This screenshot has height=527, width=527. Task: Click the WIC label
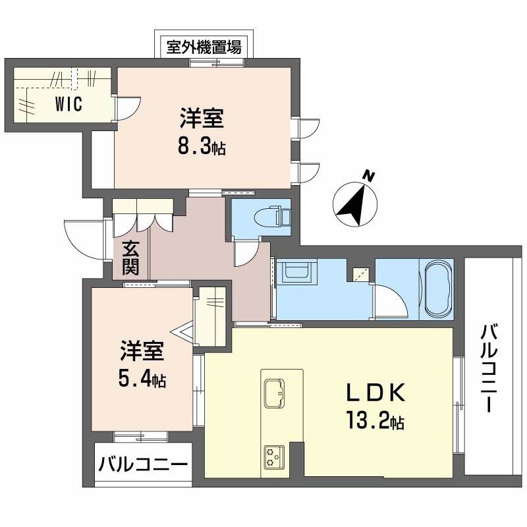coord(69,105)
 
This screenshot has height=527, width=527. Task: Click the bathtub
coord(437,289)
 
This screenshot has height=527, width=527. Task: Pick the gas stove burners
coord(273,456)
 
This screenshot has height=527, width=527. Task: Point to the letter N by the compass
coord(370,176)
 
